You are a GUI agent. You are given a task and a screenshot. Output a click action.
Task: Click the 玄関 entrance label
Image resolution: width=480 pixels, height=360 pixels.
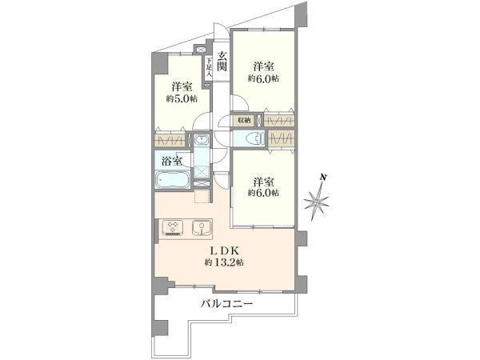pyautogui.click(x=222, y=62)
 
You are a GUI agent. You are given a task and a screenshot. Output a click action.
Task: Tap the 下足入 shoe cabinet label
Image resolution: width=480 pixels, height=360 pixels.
pyautogui.click(x=209, y=68)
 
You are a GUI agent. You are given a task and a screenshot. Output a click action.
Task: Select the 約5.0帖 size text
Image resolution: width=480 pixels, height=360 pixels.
pyautogui.click(x=182, y=99)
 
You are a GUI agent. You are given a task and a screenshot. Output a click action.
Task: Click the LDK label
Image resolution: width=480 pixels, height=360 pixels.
pyautogui.click(x=224, y=251)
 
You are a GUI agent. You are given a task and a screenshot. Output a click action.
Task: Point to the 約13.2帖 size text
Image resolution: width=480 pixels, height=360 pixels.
pyautogui.click(x=224, y=262)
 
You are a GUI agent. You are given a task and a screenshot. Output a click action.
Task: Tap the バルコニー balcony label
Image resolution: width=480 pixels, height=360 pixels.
pyautogui.click(x=227, y=304)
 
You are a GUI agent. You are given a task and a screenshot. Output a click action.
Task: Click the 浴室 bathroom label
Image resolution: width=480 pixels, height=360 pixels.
pyautogui.click(x=172, y=161)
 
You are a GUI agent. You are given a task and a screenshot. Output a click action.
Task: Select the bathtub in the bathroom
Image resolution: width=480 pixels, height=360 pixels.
pyautogui.click(x=172, y=179)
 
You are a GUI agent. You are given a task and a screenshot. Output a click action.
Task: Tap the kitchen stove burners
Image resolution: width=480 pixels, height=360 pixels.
pyautogui.click(x=173, y=227)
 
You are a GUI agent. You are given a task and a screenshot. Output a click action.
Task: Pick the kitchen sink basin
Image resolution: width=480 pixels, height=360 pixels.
pyautogui.click(x=202, y=228)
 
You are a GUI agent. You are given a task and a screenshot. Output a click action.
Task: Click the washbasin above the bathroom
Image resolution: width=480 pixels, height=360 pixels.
pyautogui.click(x=202, y=139)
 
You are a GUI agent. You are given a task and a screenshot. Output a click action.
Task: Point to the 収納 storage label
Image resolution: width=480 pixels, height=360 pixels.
pyautogui.click(x=244, y=120)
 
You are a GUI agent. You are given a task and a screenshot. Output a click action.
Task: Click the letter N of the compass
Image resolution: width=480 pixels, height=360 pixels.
pyautogui.click(x=322, y=177)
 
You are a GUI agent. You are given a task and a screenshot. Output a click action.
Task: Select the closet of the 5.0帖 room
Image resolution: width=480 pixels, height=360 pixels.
pyautogui.click(x=170, y=141)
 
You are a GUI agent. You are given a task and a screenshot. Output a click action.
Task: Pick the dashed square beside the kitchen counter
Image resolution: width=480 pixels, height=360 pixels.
pyautogui.click(x=202, y=196)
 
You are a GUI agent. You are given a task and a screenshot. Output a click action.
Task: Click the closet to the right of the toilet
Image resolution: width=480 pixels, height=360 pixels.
pyautogui.click(x=281, y=139)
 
